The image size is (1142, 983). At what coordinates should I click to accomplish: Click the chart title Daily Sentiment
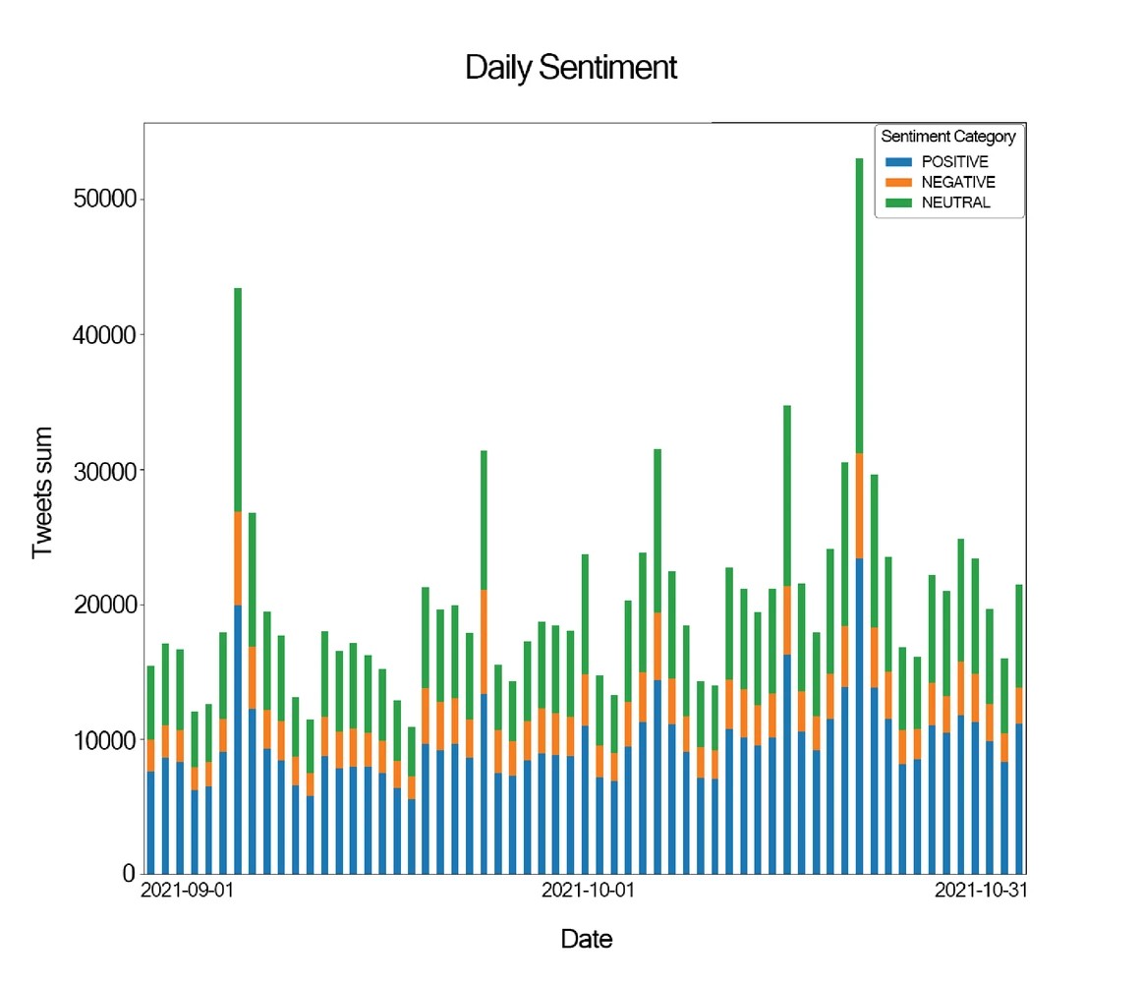tap(570, 68)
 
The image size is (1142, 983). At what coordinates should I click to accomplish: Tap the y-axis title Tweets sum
tap(41, 492)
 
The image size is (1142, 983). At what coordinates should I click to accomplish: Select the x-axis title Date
tap(586, 939)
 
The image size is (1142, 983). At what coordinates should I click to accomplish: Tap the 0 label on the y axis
tap(128, 873)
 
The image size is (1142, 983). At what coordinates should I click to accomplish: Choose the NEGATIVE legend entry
tap(957, 183)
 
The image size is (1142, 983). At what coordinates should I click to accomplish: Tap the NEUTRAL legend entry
tap(955, 203)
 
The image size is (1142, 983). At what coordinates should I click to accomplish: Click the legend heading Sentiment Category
tap(947, 137)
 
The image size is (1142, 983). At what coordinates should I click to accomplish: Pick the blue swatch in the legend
tap(898, 162)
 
